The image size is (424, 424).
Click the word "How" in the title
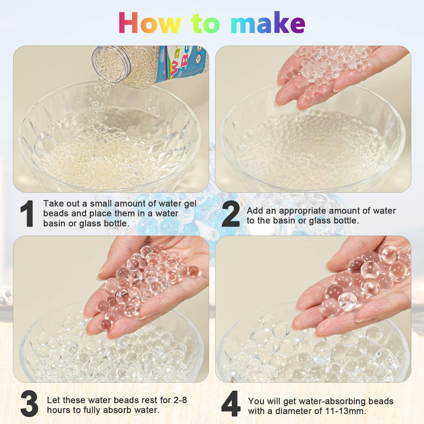[x=150, y=23]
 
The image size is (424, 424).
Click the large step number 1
[x=27, y=214]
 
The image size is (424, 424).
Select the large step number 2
[x=231, y=214]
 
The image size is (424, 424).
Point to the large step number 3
[x=29, y=404]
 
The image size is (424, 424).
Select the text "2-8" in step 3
[x=180, y=400]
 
